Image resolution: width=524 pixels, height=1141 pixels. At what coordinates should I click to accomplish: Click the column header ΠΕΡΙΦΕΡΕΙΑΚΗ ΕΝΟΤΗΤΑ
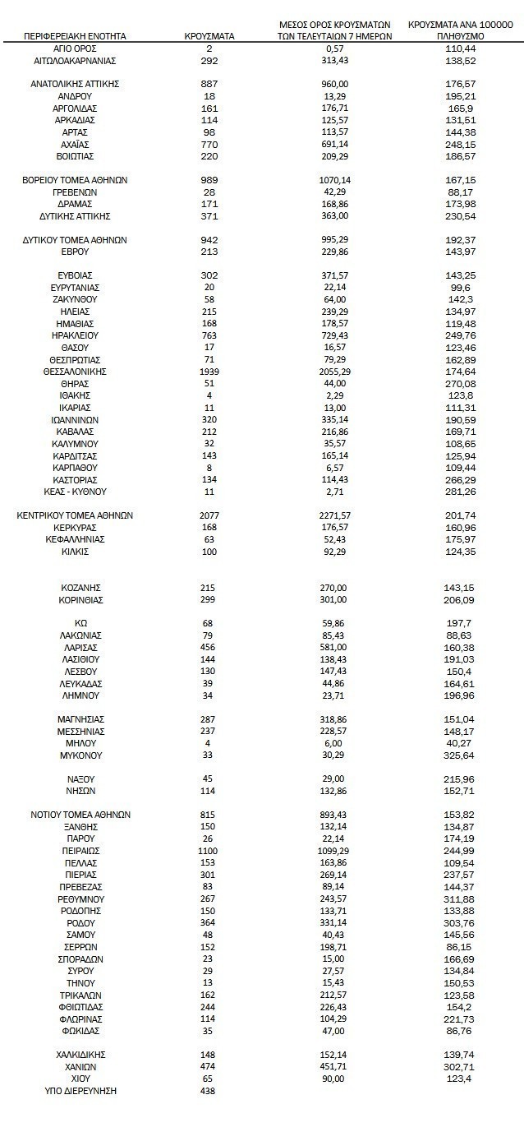coord(75,36)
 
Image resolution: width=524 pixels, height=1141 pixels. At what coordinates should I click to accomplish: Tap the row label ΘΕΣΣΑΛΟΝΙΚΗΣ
coord(75,372)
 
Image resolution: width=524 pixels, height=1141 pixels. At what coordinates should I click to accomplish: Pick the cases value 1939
coord(209,372)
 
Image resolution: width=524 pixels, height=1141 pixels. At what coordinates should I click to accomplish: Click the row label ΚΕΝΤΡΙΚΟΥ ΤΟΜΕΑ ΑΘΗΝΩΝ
coord(75,515)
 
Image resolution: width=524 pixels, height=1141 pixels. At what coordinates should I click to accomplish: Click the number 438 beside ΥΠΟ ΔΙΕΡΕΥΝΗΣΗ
coord(209,1090)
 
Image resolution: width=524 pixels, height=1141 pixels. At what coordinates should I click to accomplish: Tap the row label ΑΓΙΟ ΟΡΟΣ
coord(75,49)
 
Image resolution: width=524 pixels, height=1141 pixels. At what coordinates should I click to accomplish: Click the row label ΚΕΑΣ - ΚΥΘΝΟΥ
coord(75,492)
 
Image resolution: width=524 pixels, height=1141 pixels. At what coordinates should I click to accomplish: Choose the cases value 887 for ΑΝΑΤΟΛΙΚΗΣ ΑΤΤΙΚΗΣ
coord(209,84)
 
